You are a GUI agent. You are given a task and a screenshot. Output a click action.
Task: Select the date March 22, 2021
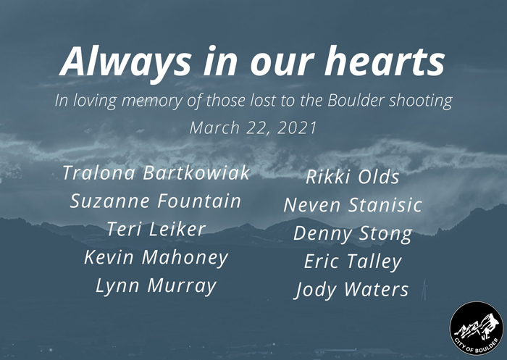(x=253, y=127)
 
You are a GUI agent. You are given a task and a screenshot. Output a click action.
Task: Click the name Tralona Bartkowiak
(x=156, y=172)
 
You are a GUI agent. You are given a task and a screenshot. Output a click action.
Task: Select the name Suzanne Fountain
(x=156, y=201)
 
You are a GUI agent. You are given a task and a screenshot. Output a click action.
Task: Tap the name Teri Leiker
(x=156, y=229)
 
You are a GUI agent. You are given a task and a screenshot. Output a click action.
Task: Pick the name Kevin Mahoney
(x=156, y=258)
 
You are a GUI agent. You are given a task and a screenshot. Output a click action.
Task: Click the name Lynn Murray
(x=156, y=286)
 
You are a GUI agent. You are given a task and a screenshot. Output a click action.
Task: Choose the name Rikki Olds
(x=353, y=177)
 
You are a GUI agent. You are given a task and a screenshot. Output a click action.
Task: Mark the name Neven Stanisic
(x=353, y=205)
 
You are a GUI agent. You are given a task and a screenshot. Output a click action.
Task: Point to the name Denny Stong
(x=353, y=234)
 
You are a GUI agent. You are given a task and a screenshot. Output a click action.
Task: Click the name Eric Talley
(x=353, y=262)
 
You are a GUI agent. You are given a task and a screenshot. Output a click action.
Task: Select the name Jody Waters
(x=353, y=290)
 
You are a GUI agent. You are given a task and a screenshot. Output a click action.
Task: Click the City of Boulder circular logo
(x=477, y=328)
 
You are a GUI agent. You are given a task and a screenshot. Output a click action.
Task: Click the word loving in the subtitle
(x=95, y=101)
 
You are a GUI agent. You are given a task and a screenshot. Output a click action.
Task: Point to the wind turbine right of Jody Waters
(x=424, y=290)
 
